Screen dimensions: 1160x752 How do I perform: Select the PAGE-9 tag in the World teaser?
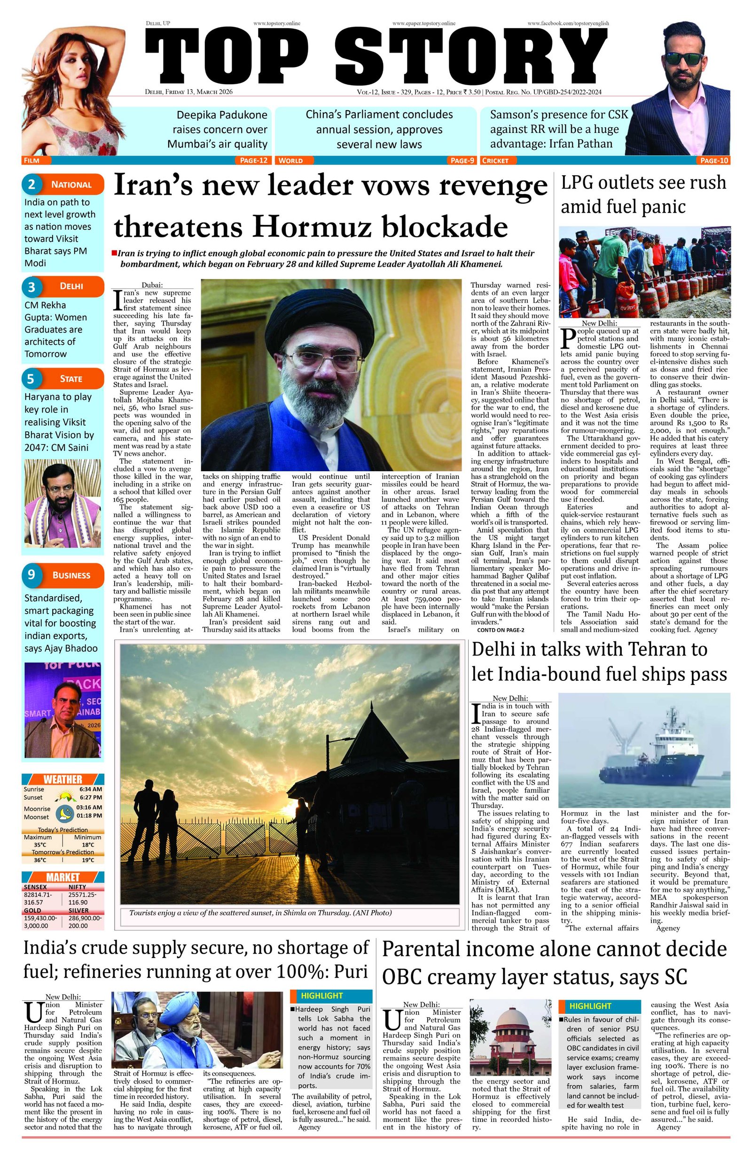pyautogui.click(x=462, y=160)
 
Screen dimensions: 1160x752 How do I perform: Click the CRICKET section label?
pyautogui.click(x=495, y=160)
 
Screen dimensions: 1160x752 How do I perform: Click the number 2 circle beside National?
pyautogui.click(x=31, y=184)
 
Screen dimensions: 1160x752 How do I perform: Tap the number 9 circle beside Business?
pyautogui.click(x=31, y=575)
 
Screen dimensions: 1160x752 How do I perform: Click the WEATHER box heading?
pyautogui.click(x=63, y=779)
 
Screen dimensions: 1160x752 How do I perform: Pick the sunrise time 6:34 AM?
pyautogui.click(x=90, y=789)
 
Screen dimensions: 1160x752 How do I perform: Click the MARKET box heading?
pyautogui.click(x=63, y=878)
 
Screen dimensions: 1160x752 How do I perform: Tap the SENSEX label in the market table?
pyautogui.click(x=36, y=887)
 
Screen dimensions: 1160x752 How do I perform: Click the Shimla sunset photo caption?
pyautogui.click(x=260, y=912)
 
